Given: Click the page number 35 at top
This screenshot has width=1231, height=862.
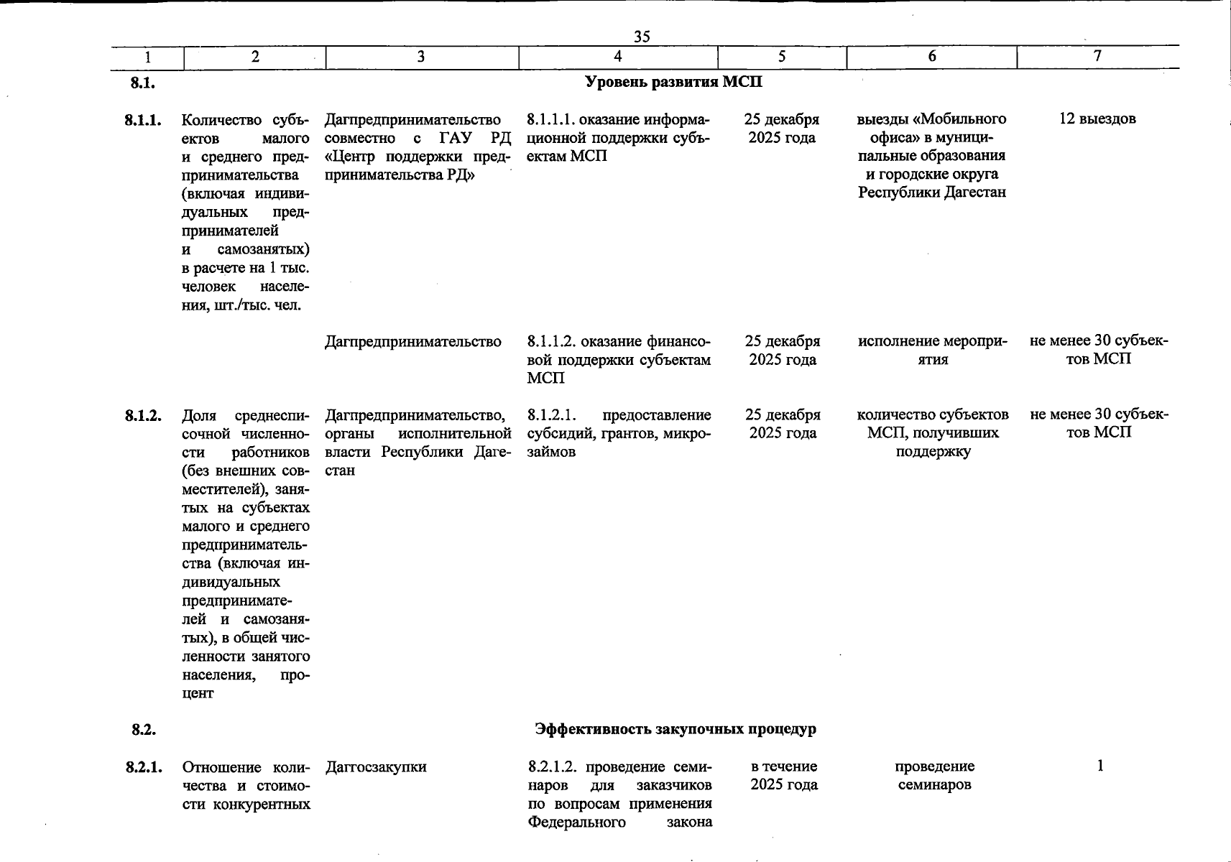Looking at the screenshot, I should click(x=642, y=37).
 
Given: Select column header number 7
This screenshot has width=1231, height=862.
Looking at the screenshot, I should click(x=1097, y=57).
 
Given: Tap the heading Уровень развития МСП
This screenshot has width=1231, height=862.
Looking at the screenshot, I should click(x=673, y=82).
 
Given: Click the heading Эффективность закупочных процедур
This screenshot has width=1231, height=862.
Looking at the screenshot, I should click(x=675, y=729).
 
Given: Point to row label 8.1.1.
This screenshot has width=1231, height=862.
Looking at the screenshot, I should click(x=142, y=120).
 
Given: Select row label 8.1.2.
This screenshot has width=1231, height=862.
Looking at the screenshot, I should click(x=142, y=415).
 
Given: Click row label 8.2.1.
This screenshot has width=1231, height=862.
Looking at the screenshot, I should click(x=142, y=767).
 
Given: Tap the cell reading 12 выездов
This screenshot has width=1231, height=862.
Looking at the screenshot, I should click(x=1097, y=119).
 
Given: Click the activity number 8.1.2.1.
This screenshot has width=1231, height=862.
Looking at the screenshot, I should click(x=551, y=415).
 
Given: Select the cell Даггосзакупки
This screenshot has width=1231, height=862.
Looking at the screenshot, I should click(x=376, y=767).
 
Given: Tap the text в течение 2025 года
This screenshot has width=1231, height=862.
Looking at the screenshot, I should click(x=783, y=776).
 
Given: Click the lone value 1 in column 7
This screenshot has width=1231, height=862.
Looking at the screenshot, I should click(x=1099, y=766).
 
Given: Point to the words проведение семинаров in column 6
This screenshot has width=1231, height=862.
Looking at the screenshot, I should click(x=934, y=776).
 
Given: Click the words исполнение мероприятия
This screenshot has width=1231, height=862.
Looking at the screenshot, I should click(x=933, y=351).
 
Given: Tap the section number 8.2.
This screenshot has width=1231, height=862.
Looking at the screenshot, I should click(x=143, y=730).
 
